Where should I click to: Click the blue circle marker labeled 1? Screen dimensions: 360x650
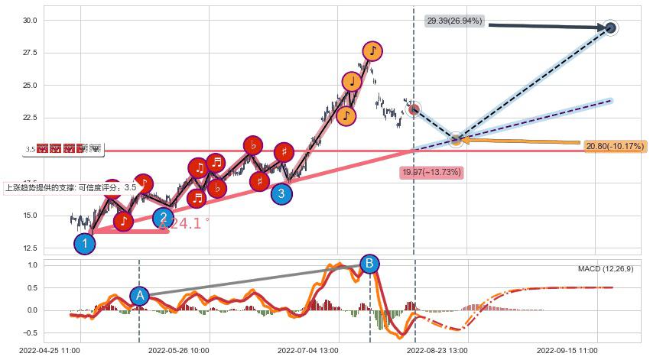tap(85, 244)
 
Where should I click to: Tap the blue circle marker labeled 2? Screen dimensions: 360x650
tap(163, 218)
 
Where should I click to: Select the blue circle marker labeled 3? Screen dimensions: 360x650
tap(281, 193)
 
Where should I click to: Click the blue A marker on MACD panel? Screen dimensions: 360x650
tap(139, 296)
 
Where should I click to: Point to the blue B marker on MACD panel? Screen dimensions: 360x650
tap(369, 264)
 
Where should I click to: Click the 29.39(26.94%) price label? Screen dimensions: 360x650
tap(454, 21)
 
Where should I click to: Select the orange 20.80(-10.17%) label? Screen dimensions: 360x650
tap(614, 146)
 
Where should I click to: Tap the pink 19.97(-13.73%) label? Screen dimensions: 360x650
tap(432, 173)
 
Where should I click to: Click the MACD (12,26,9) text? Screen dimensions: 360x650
tap(605, 269)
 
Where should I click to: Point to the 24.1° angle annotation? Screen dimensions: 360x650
tap(184, 224)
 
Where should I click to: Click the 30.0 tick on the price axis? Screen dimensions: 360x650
tap(31, 21)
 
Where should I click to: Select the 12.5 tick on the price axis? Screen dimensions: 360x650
tap(31, 248)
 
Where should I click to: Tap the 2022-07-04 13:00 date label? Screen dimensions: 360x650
tap(307, 350)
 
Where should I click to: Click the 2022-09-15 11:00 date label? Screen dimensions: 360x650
tap(567, 350)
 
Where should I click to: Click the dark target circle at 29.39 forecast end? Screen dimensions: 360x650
tap(610, 28)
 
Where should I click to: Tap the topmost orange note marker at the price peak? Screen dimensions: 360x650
tap(372, 51)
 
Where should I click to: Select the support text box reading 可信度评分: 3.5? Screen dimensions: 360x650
tap(71, 187)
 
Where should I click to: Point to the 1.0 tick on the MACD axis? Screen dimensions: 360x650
tap(33, 265)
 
